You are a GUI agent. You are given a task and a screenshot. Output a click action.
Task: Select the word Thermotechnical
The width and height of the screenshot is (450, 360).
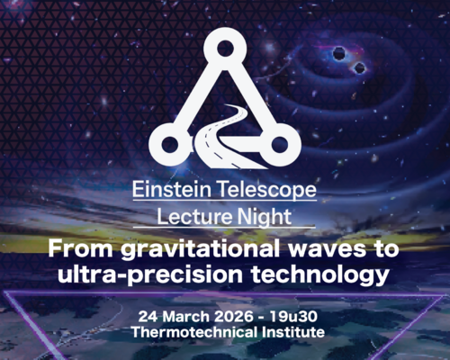click(187, 333)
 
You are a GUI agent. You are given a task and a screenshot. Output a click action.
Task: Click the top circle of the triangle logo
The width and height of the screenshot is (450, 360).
click(223, 50)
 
